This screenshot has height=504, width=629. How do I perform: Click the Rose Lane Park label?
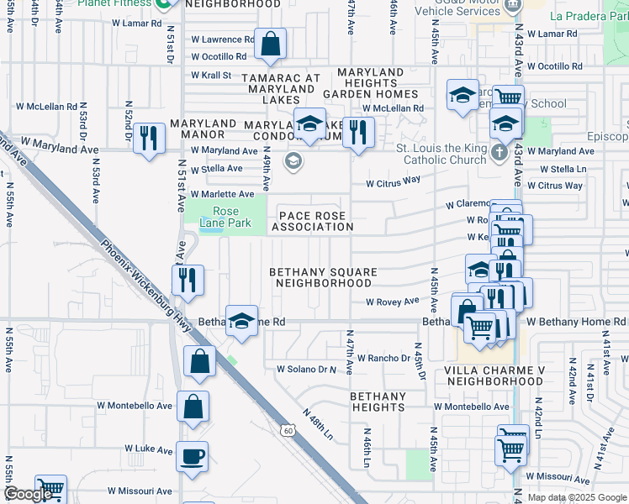point(226,217)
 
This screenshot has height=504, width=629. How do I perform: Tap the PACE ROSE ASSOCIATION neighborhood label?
point(312,222)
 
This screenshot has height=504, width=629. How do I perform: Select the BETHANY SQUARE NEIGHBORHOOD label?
point(322,278)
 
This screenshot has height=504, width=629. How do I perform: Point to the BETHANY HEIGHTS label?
point(378,402)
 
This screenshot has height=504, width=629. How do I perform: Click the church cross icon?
point(499,153)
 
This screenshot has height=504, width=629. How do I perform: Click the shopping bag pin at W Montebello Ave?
point(193,407)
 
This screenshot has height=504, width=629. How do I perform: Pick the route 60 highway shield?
point(288,430)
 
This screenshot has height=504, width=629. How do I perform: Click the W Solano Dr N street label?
point(306,369)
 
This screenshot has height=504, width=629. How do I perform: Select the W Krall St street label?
point(211,75)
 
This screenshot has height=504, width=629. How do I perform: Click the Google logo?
point(27,494)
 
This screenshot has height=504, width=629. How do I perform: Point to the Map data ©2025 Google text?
point(577,497)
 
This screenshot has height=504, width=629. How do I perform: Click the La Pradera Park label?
point(587,16)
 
